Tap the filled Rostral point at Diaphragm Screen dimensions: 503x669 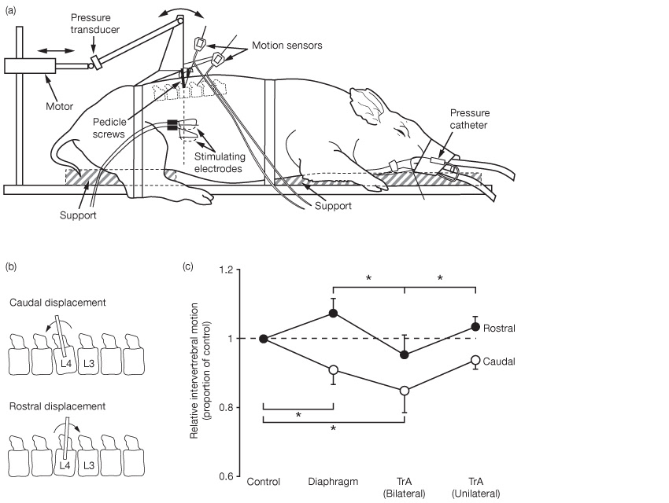333,313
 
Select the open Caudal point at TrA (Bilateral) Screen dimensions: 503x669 405,391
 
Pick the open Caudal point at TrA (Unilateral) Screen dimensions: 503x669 475,360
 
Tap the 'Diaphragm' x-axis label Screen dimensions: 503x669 333,481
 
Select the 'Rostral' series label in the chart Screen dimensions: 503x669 501,328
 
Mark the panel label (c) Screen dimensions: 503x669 188,266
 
